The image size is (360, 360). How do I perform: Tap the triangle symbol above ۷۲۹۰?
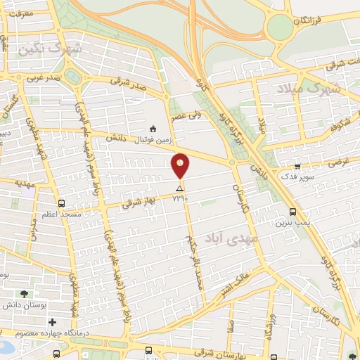(x=180, y=189)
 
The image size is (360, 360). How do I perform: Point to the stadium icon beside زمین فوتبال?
(x=153, y=128)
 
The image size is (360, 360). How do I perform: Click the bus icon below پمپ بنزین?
(x=292, y=212)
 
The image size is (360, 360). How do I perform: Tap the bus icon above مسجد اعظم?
(x=62, y=202)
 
